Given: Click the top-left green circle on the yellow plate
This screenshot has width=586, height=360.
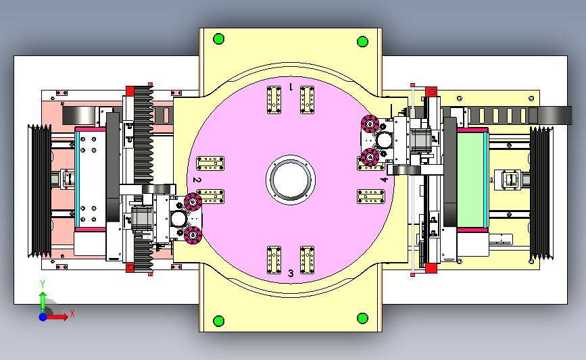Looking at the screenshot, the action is (x=218, y=39).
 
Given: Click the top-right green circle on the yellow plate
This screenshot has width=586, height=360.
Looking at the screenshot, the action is (x=362, y=41).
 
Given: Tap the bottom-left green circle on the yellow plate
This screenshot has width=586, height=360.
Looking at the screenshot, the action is (x=218, y=321).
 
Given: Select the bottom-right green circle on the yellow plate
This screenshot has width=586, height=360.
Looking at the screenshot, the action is (x=362, y=318).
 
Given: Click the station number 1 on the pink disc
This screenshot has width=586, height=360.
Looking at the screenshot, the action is (x=291, y=87).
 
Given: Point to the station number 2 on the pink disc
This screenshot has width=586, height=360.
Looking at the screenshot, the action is (x=197, y=180).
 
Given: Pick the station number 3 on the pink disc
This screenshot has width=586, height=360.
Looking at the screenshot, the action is (x=291, y=274).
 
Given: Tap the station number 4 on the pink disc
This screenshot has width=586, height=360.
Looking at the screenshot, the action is (x=384, y=180).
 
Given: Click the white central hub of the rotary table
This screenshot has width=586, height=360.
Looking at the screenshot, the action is (x=291, y=180).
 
